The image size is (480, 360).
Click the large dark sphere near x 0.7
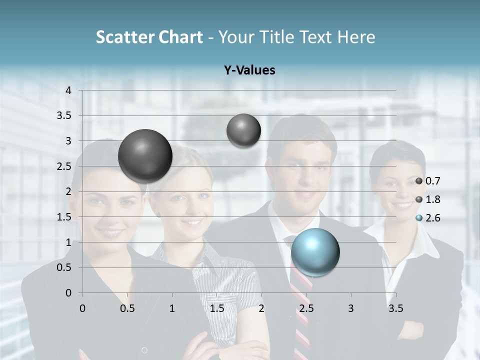click(x=145, y=156)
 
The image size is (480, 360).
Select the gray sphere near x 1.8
click(x=243, y=130)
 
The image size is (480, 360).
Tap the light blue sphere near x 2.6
click(x=315, y=252)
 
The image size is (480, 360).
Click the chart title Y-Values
click(x=249, y=70)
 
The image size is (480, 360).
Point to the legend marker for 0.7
click(x=419, y=181)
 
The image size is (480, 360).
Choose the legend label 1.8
click(x=433, y=199)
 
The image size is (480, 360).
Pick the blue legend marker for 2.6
click(x=419, y=218)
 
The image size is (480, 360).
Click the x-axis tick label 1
click(x=172, y=308)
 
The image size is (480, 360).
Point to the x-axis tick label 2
click(x=261, y=308)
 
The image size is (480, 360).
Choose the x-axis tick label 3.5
click(x=395, y=308)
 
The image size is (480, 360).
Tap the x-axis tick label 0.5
click(x=127, y=308)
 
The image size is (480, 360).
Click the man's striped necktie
click(x=301, y=310)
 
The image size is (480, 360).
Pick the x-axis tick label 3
click(x=351, y=308)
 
